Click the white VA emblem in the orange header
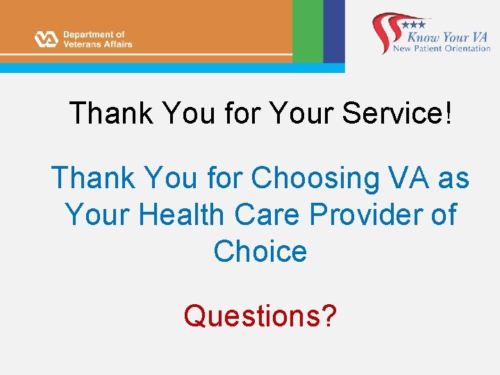pyautogui.click(x=46, y=39)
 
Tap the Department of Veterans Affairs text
pyautogui.click(x=97, y=39)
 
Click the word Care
pyautogui.click(x=268, y=215)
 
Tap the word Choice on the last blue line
pyautogui.click(x=260, y=251)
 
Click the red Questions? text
pyautogui.click(x=260, y=316)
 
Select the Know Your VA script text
pyautogui.click(x=448, y=35)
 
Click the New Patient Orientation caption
pyautogui.click(x=442, y=49)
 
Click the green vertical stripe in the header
pyautogui.click(x=308, y=31)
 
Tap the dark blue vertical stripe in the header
pyautogui.click(x=334, y=31)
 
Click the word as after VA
pyautogui.click(x=453, y=178)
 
